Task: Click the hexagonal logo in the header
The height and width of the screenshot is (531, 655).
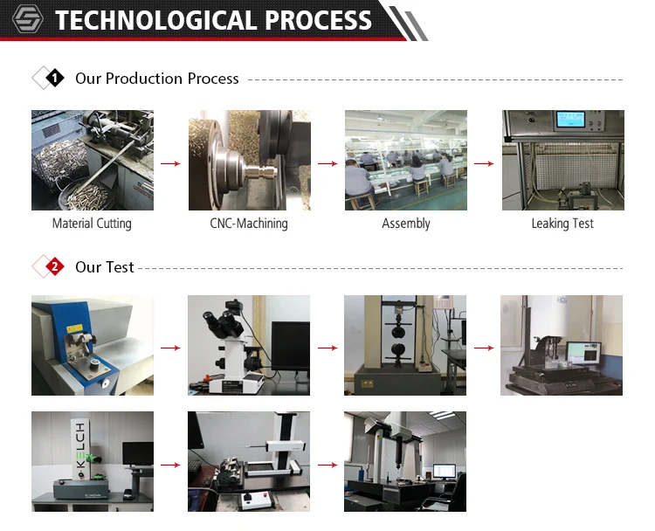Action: [x=28, y=19]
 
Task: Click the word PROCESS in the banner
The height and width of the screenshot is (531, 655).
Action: [x=318, y=20]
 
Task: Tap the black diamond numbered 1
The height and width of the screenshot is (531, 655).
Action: [x=55, y=78]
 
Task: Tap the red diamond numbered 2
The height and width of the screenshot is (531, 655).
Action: [x=55, y=266]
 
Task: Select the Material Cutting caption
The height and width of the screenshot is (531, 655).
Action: [x=92, y=224]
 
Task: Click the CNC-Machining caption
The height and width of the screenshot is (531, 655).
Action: [x=249, y=224]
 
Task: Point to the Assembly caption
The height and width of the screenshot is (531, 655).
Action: [x=406, y=224]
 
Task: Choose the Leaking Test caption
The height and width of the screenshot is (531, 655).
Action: [x=562, y=224]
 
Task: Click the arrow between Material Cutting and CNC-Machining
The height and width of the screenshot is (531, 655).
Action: [x=170, y=163]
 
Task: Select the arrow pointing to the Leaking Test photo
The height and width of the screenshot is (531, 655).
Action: [x=484, y=163]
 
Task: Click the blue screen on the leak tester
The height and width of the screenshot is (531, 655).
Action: [x=571, y=120]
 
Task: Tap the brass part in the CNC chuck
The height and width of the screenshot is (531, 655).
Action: [x=260, y=171]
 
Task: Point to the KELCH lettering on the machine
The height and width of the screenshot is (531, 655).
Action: [x=80, y=445]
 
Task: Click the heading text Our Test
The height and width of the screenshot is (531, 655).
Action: [x=105, y=267]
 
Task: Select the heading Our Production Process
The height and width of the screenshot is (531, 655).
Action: [x=157, y=78]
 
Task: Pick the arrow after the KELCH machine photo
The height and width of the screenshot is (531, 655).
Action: [x=170, y=465]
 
